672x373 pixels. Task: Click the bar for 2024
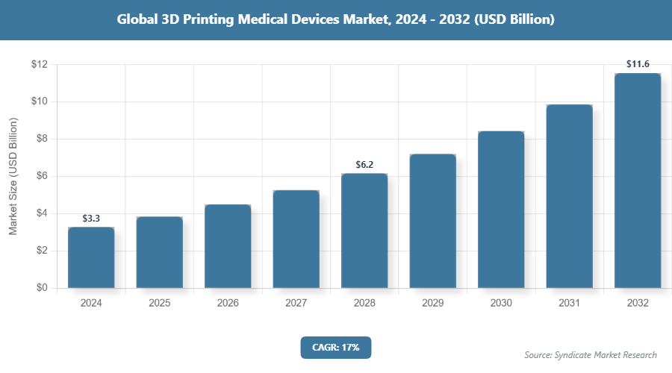tap(91, 257)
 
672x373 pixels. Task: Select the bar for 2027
tap(296, 239)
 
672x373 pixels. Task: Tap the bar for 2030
tap(501, 210)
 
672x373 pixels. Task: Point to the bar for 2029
tap(432, 221)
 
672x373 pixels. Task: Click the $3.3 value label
tap(91, 219)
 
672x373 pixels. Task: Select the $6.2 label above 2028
tap(364, 165)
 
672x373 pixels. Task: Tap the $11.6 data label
tap(638, 65)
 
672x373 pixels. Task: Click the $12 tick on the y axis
tap(39, 65)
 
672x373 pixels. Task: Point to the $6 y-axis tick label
tap(42, 176)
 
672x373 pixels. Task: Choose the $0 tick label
tap(42, 288)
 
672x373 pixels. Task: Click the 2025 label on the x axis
tap(159, 304)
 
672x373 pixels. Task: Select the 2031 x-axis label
tap(569, 304)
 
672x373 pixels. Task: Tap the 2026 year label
tap(228, 304)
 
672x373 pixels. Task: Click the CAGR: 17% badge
tap(335, 348)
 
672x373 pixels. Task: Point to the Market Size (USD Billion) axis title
tap(13, 177)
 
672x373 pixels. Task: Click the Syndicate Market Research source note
tap(591, 355)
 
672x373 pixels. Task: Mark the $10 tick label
tap(39, 101)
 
